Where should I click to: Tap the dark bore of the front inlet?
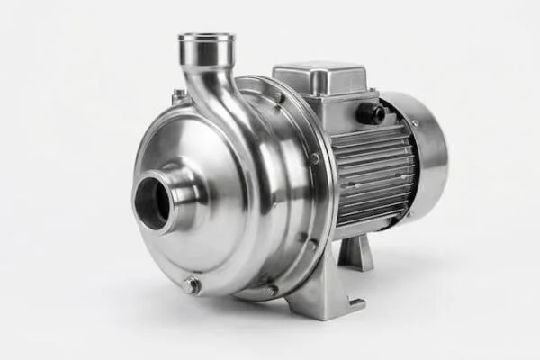point(151,203)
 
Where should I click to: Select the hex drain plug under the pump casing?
point(191,286)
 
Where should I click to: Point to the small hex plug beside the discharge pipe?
point(178,94)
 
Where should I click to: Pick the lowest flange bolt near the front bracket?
point(271,290)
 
